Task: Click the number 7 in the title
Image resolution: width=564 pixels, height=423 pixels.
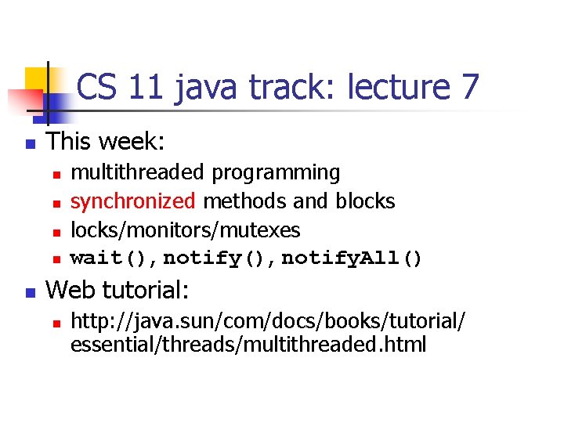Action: pos(468,87)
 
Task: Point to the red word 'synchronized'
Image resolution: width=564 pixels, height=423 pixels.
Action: pos(133,201)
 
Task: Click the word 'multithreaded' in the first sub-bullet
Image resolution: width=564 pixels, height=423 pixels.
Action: pos(137,172)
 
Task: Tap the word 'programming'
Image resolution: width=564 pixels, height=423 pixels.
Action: pos(276,173)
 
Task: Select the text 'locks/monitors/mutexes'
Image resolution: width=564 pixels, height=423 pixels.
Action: pos(186,230)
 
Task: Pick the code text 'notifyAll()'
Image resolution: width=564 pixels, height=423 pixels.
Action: pos(352,258)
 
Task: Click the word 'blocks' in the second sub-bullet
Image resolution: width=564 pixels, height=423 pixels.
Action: pos(365,201)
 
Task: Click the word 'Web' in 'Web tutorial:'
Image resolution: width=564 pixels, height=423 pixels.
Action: pos(70,291)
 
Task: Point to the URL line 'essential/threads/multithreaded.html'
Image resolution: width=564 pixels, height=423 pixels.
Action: pos(248,345)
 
